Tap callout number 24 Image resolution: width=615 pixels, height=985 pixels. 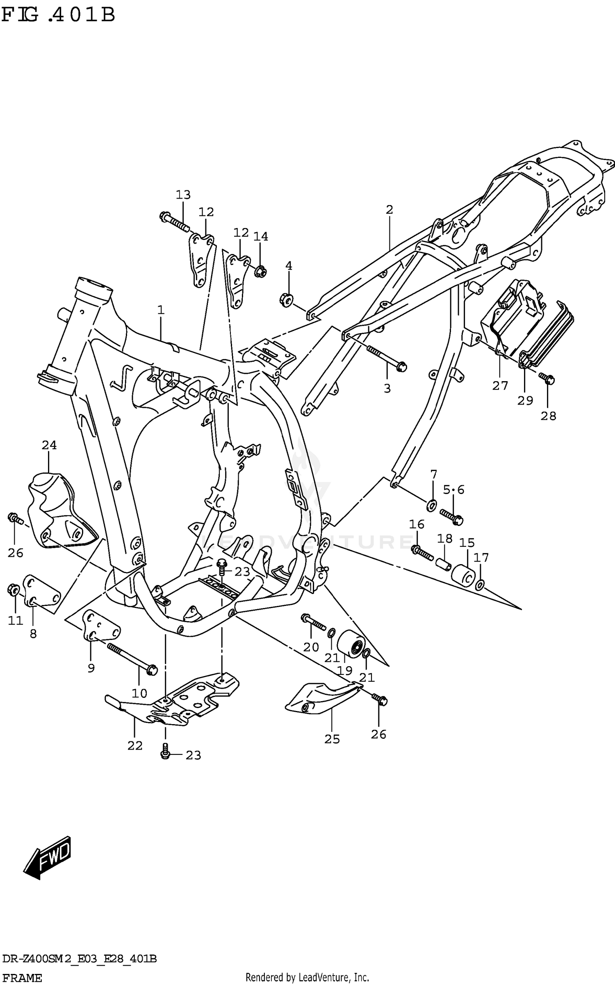(49, 445)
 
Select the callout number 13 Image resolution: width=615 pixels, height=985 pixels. (183, 195)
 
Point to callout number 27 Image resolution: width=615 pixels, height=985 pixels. (500, 386)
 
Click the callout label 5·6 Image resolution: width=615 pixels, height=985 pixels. (453, 489)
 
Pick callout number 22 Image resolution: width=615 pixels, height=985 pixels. (134, 746)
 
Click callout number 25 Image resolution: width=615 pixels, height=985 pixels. (332, 739)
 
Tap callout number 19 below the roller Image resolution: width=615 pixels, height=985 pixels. (345, 671)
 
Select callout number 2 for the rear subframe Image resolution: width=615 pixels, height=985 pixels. (389, 210)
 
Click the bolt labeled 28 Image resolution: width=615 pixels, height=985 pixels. (547, 379)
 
